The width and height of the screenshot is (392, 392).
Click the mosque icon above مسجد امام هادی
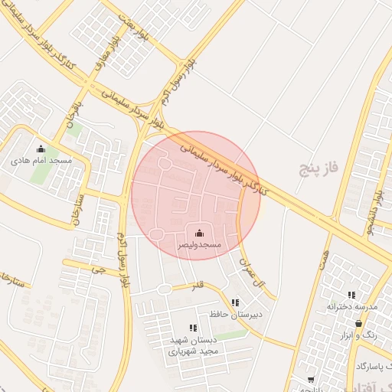click(x=41, y=149)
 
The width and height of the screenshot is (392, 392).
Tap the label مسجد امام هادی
click(x=41, y=162)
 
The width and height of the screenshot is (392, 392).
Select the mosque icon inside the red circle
click(x=200, y=233)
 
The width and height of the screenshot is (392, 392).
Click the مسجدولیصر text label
click(x=200, y=245)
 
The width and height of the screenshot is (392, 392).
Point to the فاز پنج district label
click(x=320, y=166)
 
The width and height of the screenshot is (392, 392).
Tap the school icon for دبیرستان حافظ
click(x=234, y=302)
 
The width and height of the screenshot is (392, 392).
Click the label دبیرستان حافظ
click(x=236, y=314)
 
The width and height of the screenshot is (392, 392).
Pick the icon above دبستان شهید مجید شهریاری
click(x=193, y=328)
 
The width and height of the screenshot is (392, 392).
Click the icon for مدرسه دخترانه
click(x=351, y=295)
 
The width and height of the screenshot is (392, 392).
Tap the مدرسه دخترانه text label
click(x=352, y=306)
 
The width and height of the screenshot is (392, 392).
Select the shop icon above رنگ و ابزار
click(x=358, y=324)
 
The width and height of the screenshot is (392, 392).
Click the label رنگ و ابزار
click(x=359, y=335)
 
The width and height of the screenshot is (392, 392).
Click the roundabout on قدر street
click(x=164, y=289)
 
